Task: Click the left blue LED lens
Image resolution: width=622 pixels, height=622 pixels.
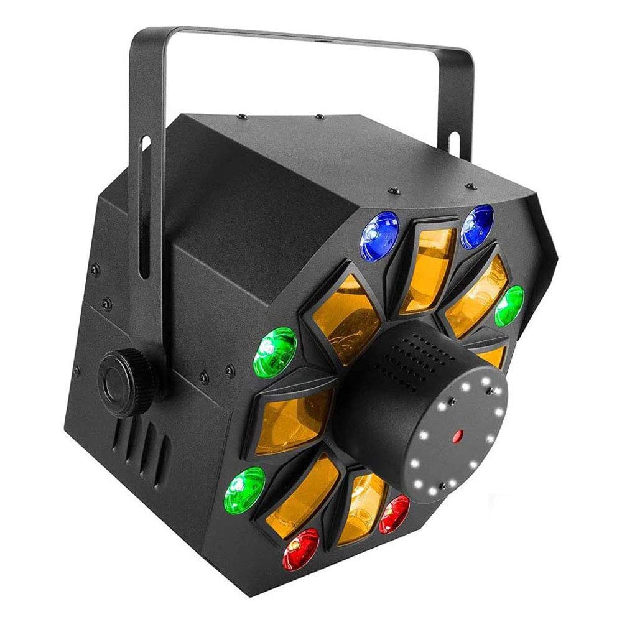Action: pyautogui.click(x=379, y=235)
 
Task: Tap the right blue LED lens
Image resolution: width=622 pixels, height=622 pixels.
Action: pyautogui.click(x=477, y=225)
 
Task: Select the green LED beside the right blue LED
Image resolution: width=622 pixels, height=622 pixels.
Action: pyautogui.click(x=509, y=305)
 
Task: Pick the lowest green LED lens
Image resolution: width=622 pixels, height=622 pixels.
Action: pyautogui.click(x=244, y=490)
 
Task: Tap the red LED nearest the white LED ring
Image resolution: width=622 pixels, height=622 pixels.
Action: pyautogui.click(x=394, y=514)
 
